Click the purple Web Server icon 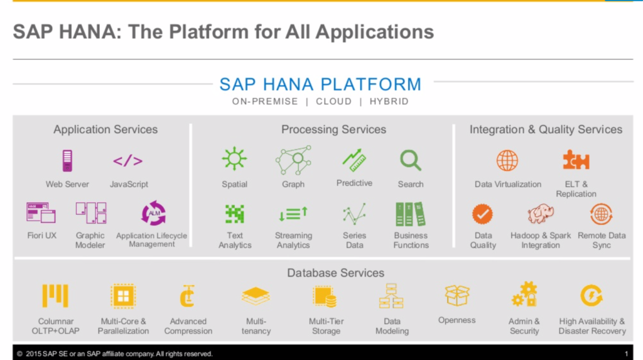point(67,161)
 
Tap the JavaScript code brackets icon point(127,161)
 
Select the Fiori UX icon point(41,213)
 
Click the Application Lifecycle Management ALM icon point(153,213)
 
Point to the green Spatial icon point(234,160)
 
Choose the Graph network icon point(293,160)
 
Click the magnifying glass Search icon point(411,160)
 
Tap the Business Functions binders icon point(411,214)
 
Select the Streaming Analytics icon point(293,214)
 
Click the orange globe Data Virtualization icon point(507,160)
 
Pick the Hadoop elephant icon point(541,214)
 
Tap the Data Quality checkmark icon point(482,214)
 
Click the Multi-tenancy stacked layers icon point(256,296)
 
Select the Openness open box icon point(457,295)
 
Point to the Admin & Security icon point(524,295)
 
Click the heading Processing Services point(333,129)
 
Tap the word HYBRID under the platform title point(389,101)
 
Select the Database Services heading point(335,273)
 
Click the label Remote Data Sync point(602,240)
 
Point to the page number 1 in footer point(627,354)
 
